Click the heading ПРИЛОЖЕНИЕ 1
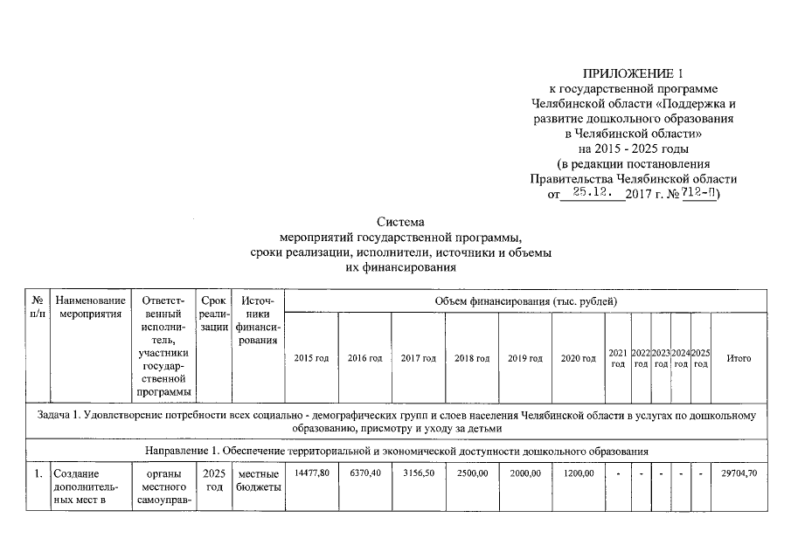634,72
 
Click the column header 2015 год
311,358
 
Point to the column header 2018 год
472,358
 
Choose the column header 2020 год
578,358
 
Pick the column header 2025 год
700,358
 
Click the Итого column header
739,358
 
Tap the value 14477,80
311,473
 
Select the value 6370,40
364,473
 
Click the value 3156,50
418,473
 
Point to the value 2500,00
472,473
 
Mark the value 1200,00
578,473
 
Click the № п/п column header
38,307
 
